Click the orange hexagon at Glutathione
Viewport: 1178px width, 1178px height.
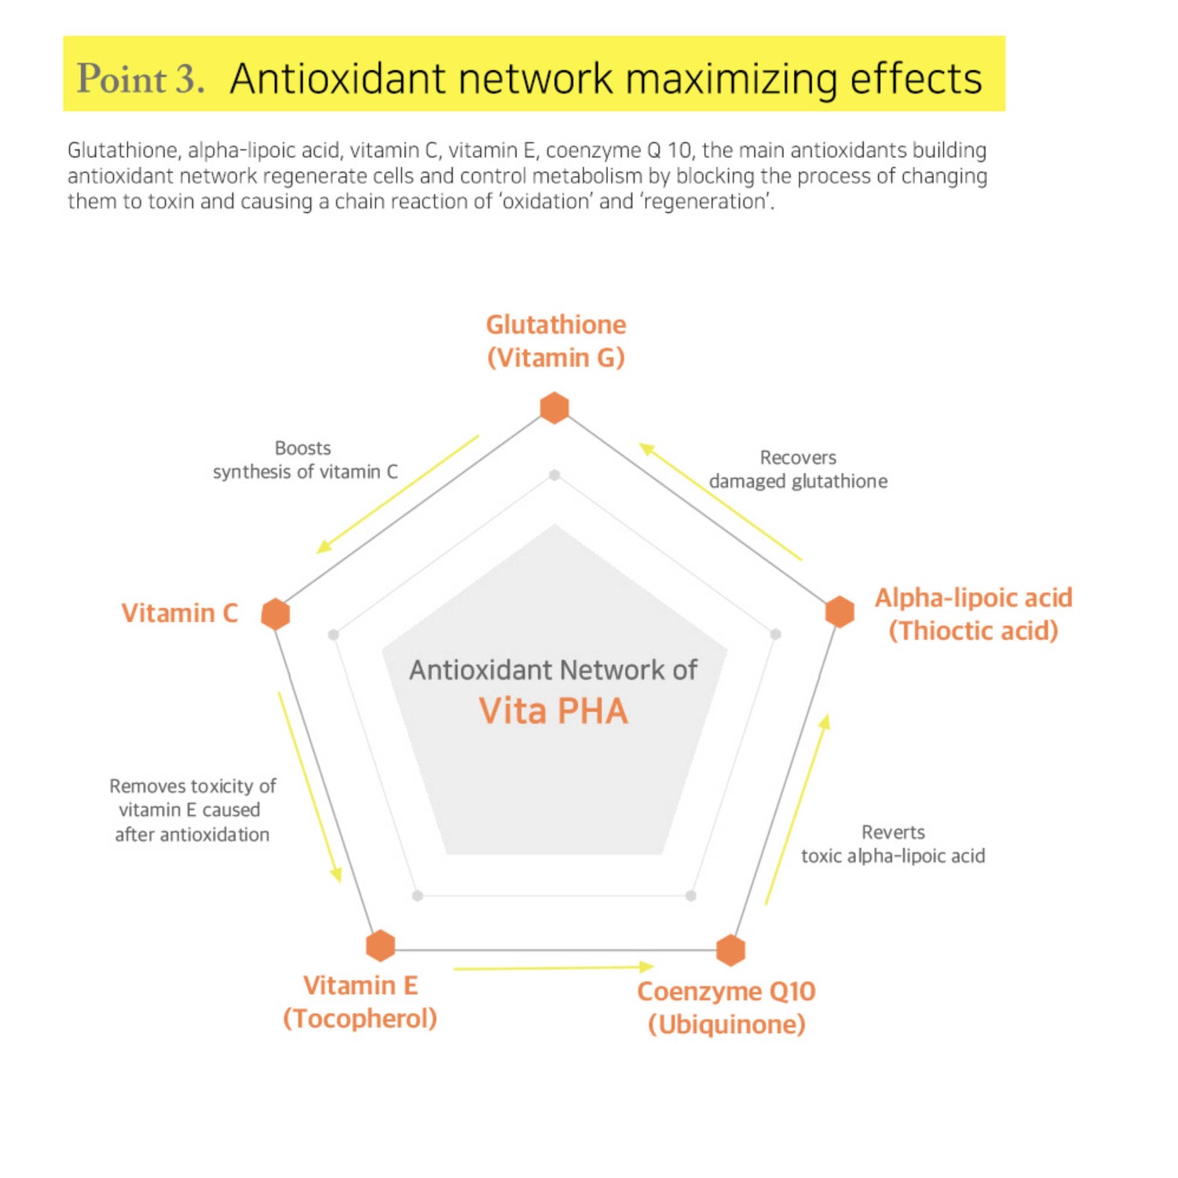click(554, 408)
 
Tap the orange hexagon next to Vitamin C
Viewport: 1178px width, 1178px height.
click(276, 613)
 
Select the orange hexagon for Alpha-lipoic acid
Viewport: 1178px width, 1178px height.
click(840, 611)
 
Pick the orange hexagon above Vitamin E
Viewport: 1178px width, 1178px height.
click(381, 945)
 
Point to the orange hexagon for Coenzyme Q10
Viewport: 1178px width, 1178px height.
click(730, 949)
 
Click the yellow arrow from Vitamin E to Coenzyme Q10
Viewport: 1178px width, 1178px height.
click(554, 968)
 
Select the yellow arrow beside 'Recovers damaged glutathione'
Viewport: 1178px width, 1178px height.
click(720, 502)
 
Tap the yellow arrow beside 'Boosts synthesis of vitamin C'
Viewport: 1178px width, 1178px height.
click(397, 495)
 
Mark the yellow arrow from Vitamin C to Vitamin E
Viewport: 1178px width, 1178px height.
click(309, 787)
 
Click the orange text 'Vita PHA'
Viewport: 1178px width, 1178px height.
click(554, 712)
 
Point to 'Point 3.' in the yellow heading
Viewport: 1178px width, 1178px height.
click(141, 79)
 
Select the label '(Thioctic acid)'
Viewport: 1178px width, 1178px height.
click(973, 631)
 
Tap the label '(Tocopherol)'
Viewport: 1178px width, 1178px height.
click(360, 1019)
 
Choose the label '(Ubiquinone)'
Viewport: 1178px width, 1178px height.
click(726, 1024)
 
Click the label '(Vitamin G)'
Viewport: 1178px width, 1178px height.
click(556, 358)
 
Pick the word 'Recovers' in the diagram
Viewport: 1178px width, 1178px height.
click(798, 457)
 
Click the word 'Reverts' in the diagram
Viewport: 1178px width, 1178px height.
click(893, 832)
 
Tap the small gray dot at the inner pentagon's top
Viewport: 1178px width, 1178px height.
click(554, 475)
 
